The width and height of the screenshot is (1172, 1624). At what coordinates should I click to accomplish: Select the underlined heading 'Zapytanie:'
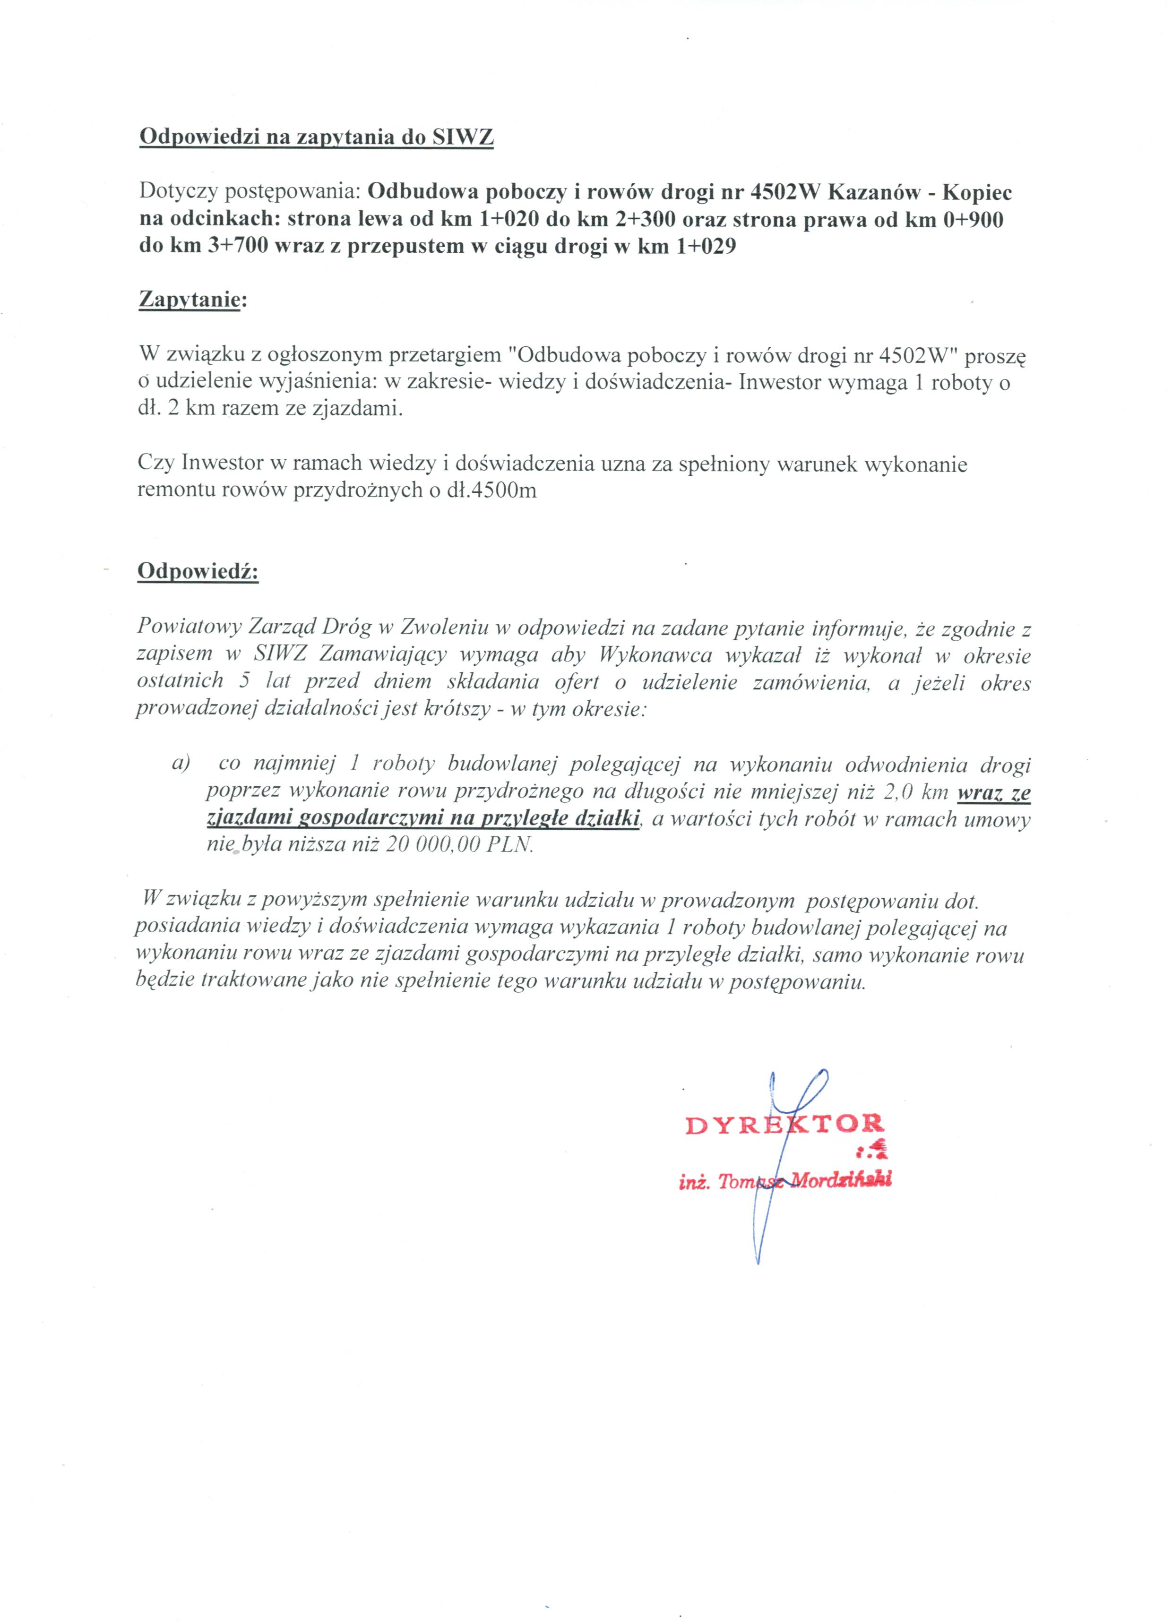click(x=191, y=299)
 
